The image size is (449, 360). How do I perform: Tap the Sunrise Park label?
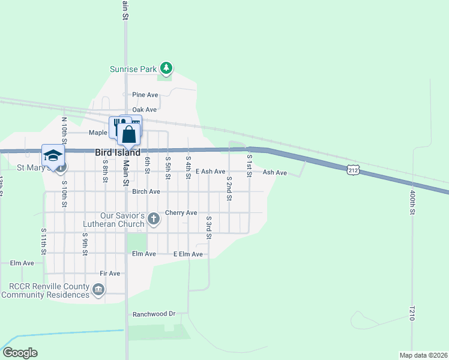coord(133,69)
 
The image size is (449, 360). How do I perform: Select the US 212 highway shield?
coord(352,171)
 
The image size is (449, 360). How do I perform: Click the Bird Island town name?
coord(118,153)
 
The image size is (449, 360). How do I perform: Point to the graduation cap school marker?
coord(53,155)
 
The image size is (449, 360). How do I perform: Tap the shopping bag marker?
coord(129,134)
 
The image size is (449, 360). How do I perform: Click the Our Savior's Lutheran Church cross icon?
coord(154,218)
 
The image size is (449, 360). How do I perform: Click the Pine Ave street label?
coord(145,95)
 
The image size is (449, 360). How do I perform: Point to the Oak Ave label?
coord(145,110)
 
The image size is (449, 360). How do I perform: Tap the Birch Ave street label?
coord(146,191)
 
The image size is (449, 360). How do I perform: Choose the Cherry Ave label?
coord(181,212)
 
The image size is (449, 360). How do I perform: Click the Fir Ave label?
coord(110,274)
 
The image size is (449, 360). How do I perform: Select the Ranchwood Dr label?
coord(154,314)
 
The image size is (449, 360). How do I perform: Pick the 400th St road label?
coord(412,203)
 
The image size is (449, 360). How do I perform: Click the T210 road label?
coord(412,314)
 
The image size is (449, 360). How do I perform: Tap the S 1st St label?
coord(250,163)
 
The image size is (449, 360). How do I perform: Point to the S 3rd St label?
coord(209,227)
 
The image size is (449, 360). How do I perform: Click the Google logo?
coord(20,353)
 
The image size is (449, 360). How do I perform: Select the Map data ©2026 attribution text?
coord(423,355)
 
